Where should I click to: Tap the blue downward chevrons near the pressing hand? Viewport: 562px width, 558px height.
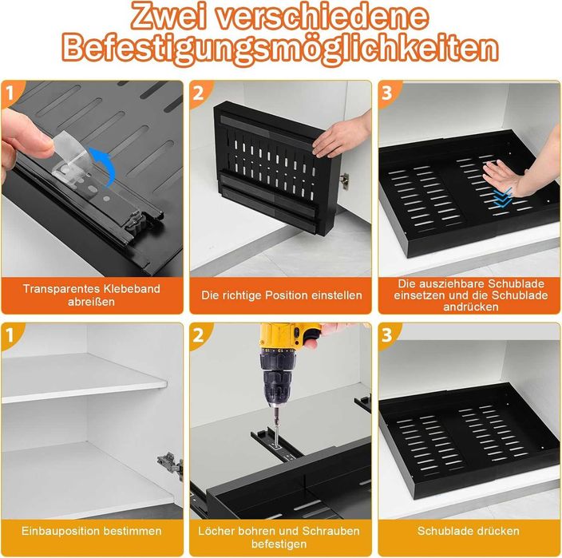click(x=503, y=198)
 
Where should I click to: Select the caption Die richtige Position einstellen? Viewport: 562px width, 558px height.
click(x=281, y=295)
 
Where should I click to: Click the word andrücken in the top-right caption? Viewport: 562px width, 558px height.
click(x=471, y=307)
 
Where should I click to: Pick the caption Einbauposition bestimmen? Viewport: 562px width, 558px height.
click(x=91, y=531)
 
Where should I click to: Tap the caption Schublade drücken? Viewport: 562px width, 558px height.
click(x=468, y=531)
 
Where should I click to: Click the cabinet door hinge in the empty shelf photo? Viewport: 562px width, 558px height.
click(x=170, y=464)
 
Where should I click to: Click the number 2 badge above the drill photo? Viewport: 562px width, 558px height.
click(x=198, y=336)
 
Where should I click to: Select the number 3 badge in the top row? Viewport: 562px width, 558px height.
click(x=386, y=93)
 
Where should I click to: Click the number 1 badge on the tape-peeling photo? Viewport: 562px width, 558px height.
click(x=10, y=93)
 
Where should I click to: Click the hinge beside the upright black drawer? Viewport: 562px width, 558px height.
click(x=344, y=180)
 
